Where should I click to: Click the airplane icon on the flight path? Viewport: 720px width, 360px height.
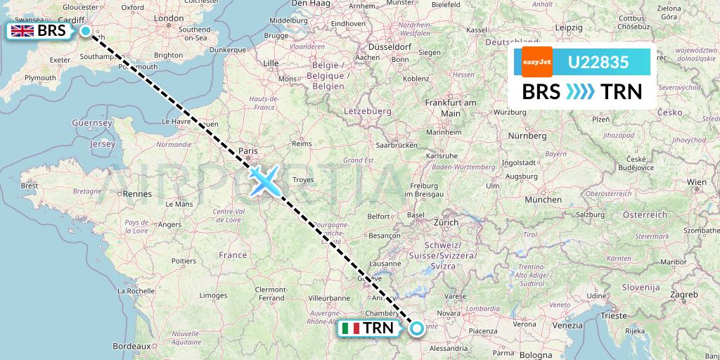tap(264, 180)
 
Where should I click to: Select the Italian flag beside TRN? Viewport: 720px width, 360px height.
tap(349, 328)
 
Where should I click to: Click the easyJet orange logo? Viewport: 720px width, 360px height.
tap(537, 63)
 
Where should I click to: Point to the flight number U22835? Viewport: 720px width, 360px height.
tap(598, 63)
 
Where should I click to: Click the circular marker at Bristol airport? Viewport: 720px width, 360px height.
tap(86, 31)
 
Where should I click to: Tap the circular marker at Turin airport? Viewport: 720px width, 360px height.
tap(417, 328)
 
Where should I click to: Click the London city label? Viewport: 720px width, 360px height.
tap(169, 18)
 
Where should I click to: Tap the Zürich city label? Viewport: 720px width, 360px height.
tap(446, 222)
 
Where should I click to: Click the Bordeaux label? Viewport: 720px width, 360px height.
tap(132, 346)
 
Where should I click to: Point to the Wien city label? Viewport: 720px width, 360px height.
tap(697, 182)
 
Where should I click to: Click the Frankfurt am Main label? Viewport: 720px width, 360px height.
tap(451, 108)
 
